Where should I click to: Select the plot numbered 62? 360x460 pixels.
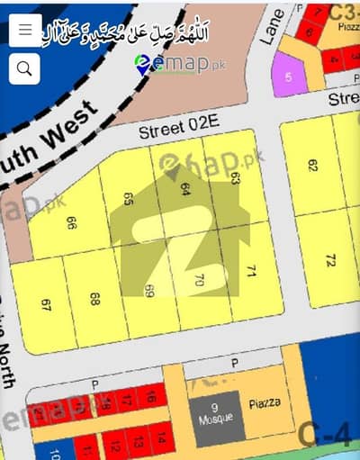pyautogui.click(x=313, y=166)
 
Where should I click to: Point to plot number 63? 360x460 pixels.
pyautogui.click(x=236, y=177)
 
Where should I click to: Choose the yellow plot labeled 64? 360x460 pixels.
pyautogui.click(x=185, y=189)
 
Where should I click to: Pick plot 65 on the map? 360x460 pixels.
pyautogui.click(x=130, y=200)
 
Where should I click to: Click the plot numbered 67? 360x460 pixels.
pyautogui.click(x=46, y=303)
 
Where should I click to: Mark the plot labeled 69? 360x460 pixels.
pyautogui.click(x=148, y=291)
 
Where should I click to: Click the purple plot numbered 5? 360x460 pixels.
pyautogui.click(x=289, y=77)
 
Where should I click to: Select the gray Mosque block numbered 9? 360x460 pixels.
pyautogui.click(x=213, y=415)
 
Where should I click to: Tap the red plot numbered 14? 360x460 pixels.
pyautogui.click(x=161, y=439)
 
